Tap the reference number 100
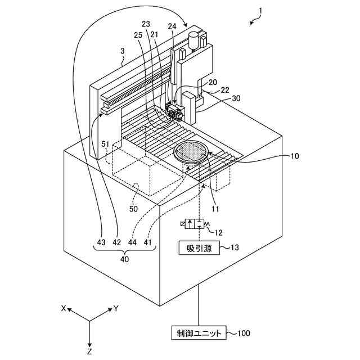(243, 333)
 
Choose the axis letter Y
(115, 308)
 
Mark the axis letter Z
(89, 351)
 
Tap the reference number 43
(101, 242)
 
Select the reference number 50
(134, 209)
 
